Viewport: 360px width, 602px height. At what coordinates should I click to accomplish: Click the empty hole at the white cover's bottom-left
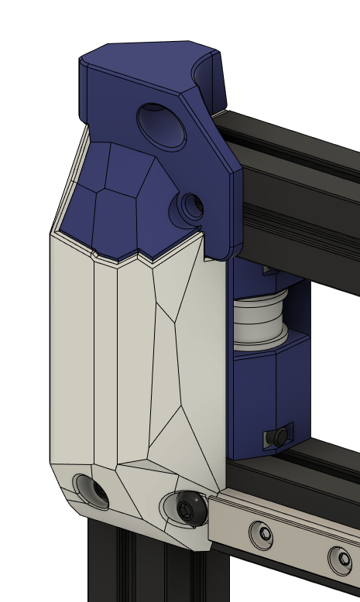(x=91, y=491)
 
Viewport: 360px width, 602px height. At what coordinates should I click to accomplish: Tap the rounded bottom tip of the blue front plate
(x=225, y=251)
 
